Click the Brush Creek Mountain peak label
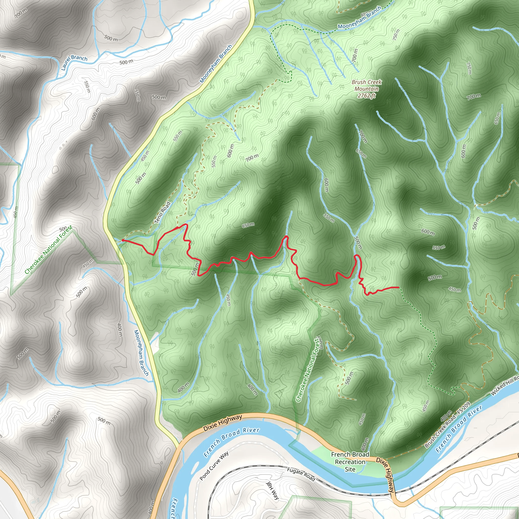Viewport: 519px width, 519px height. point(366,85)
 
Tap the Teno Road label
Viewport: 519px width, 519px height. point(162,212)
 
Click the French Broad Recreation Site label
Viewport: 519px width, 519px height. point(350,461)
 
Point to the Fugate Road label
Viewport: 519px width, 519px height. point(301,474)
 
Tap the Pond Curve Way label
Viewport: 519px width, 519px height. point(214,466)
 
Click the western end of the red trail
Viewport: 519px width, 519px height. point(122,240)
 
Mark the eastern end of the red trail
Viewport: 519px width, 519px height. point(398,287)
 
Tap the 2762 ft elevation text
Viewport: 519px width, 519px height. point(366,95)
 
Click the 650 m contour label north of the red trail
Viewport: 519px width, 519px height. point(248,225)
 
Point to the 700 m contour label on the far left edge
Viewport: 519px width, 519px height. point(21,13)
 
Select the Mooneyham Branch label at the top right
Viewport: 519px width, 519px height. point(359,18)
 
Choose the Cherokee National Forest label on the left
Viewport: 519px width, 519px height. point(48,250)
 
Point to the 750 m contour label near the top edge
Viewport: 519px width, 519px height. point(396,34)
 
